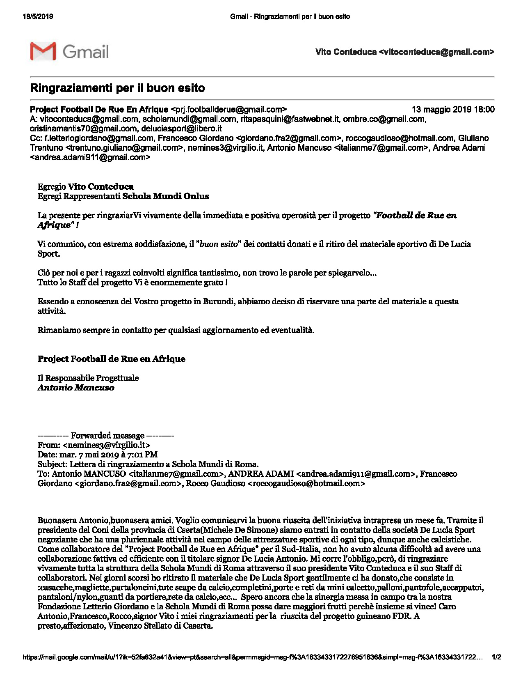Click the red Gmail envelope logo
[x=43, y=51]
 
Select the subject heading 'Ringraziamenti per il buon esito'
[x=117, y=88]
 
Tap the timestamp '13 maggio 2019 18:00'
[x=453, y=109]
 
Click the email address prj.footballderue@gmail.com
[x=228, y=109]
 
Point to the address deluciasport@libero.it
[x=181, y=129]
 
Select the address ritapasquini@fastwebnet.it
[x=290, y=119]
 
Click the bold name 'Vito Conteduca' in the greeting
[x=100, y=187]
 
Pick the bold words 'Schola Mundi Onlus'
[x=166, y=196]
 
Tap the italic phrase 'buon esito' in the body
[x=219, y=244]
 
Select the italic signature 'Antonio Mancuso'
[x=76, y=388]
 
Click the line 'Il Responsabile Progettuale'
[x=88, y=378]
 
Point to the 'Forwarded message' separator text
[x=107, y=435]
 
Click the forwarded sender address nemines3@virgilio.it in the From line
[x=107, y=445]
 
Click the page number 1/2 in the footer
[x=496, y=657]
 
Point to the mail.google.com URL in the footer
[x=252, y=657]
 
